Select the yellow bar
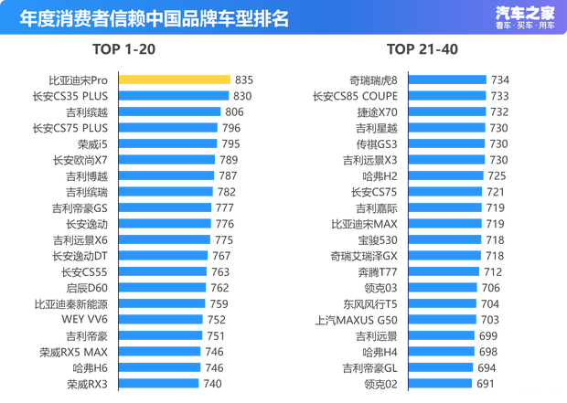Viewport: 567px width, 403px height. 175,80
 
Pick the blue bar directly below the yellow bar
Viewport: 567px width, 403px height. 174,95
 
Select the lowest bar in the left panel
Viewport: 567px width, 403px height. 159,383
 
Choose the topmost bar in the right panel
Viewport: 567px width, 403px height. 447,80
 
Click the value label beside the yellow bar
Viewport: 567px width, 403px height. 243,80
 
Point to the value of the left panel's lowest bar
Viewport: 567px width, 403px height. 215,383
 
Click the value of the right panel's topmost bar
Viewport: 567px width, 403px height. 499,80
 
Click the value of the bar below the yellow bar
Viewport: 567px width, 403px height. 241,95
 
